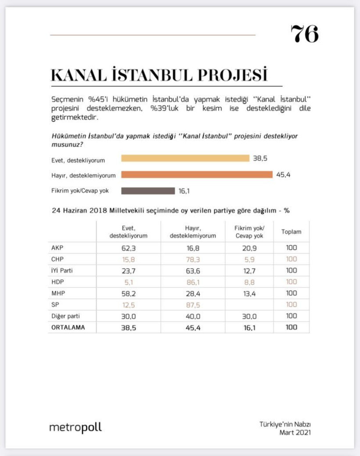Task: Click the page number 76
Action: click(x=304, y=34)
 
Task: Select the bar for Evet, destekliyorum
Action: click(x=185, y=158)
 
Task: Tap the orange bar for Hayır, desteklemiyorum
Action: click(x=197, y=174)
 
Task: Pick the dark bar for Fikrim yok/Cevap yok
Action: click(x=148, y=191)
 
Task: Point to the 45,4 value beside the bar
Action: click(x=284, y=175)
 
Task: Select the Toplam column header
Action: click(x=291, y=232)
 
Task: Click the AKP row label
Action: click(x=58, y=248)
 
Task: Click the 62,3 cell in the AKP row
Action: click(x=128, y=248)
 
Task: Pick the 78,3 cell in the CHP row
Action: click(x=192, y=259)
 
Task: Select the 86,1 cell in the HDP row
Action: click(x=192, y=282)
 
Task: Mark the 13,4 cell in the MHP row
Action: click(x=249, y=293)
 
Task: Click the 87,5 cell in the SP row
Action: click(x=192, y=305)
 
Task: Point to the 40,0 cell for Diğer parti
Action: click(x=192, y=316)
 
